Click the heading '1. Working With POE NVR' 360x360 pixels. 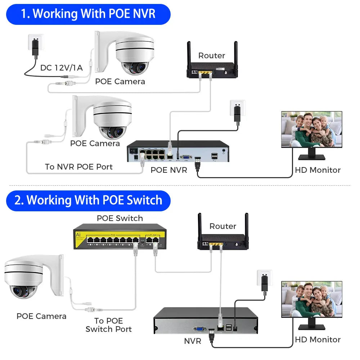tap(88, 14)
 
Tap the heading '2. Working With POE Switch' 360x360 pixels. tap(88, 200)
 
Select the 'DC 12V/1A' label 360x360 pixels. tap(61, 68)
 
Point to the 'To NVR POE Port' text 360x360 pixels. tap(78, 167)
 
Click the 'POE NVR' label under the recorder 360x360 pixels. tap(169, 170)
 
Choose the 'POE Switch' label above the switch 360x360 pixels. tap(120, 218)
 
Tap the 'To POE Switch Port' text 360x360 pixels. tap(108, 325)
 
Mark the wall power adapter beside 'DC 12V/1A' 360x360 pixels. tap(35, 46)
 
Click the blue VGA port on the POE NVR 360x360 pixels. tap(185, 157)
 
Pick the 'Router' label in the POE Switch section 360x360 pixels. tap(223, 226)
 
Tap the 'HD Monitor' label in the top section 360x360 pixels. tap(318, 170)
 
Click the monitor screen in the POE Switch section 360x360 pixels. tap(311, 299)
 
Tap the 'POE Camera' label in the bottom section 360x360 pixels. tap(41, 316)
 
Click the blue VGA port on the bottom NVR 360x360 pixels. tap(199, 328)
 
